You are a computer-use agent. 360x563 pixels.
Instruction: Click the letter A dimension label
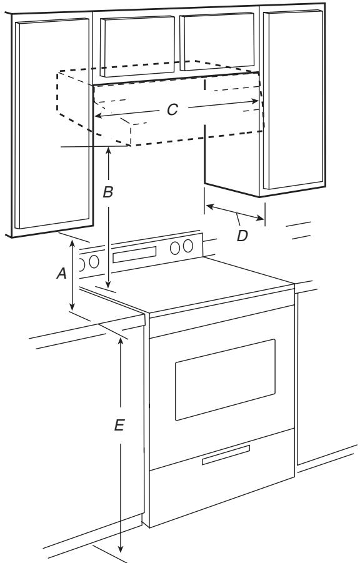(x=62, y=274)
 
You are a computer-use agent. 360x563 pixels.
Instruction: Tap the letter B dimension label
(x=107, y=192)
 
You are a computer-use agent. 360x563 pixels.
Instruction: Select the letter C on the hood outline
(x=172, y=109)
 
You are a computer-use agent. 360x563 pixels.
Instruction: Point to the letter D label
(x=242, y=236)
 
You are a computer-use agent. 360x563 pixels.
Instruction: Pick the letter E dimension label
(x=119, y=426)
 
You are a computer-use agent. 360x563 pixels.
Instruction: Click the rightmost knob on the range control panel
(x=187, y=246)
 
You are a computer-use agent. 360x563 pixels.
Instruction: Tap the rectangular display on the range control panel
(x=134, y=254)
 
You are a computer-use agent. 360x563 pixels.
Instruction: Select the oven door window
(x=225, y=379)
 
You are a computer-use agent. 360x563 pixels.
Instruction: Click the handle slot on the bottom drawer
(x=226, y=455)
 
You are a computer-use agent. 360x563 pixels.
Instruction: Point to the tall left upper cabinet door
(x=52, y=123)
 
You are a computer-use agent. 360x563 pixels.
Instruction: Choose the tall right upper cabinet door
(x=293, y=99)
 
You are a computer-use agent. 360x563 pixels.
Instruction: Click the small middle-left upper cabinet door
(x=137, y=46)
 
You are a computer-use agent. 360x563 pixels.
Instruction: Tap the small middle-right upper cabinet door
(x=217, y=41)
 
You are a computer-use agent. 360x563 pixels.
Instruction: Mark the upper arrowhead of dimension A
(x=72, y=244)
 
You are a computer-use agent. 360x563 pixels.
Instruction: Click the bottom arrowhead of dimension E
(x=121, y=549)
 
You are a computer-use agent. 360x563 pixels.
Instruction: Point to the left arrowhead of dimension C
(x=99, y=116)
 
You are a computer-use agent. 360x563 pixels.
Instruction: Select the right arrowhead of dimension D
(x=260, y=217)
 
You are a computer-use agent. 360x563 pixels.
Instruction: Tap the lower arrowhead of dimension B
(x=109, y=284)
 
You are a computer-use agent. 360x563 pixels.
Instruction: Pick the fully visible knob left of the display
(x=94, y=262)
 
